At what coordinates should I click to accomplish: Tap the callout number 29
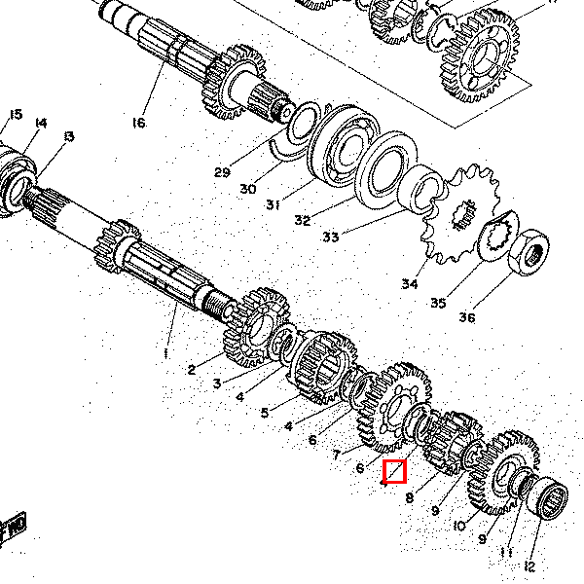[222, 173]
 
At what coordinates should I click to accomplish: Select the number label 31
[273, 204]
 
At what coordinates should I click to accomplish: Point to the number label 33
[331, 236]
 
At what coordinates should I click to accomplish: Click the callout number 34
[409, 285]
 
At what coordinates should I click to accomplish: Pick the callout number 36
[467, 316]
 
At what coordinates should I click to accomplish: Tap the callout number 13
[67, 136]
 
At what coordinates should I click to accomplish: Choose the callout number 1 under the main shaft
[165, 351]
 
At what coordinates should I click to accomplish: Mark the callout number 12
[529, 566]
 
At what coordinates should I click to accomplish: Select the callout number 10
[458, 526]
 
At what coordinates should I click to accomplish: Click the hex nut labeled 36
[528, 251]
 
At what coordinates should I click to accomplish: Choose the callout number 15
[15, 115]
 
